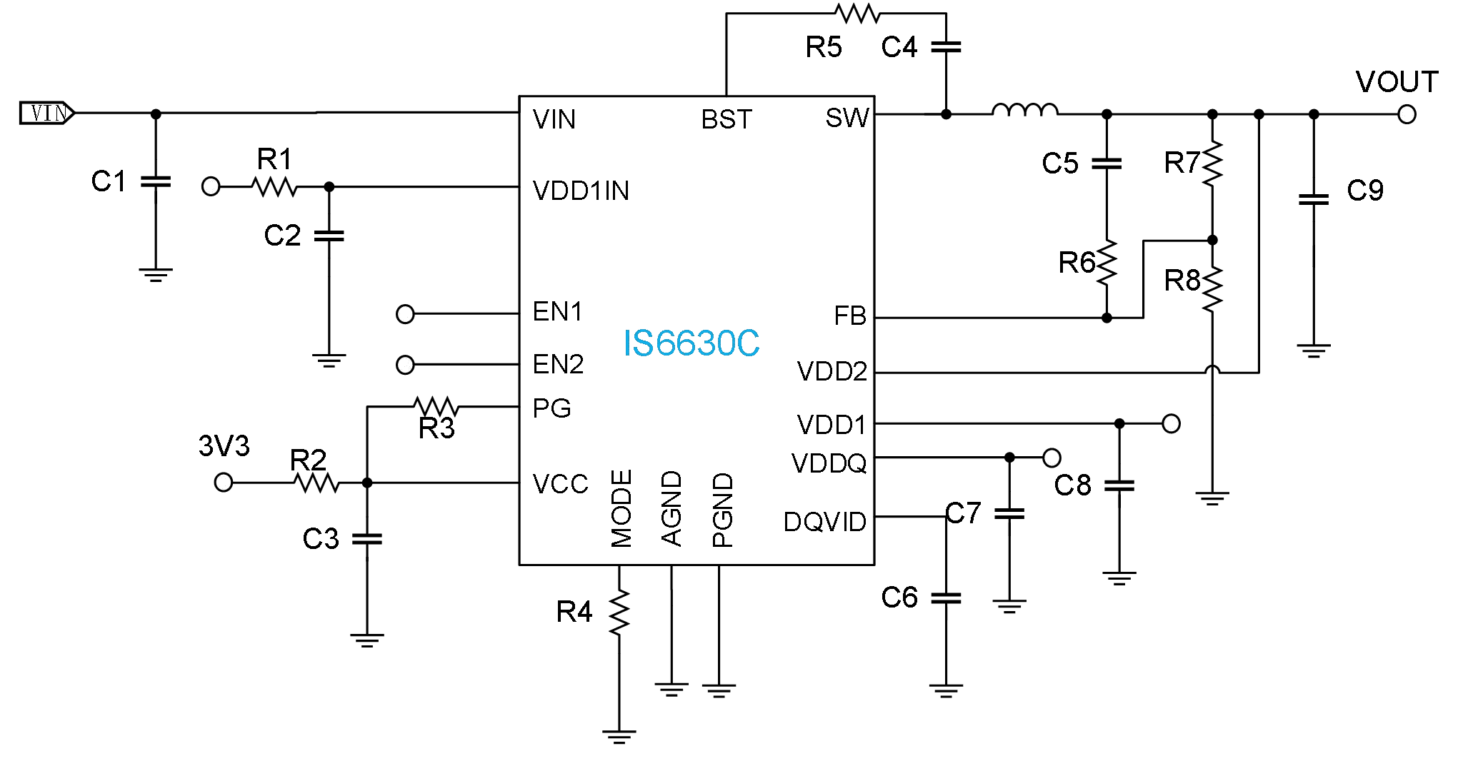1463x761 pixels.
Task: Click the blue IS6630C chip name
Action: click(691, 343)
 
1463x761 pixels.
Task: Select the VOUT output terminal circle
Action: click(1407, 114)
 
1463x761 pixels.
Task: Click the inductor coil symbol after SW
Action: click(1024, 110)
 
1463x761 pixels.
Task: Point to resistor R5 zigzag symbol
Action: click(857, 13)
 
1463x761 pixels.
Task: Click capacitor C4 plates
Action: click(946, 47)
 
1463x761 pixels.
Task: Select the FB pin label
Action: click(849, 316)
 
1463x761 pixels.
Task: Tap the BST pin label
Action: click(726, 119)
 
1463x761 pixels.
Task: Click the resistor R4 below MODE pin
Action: click(619, 612)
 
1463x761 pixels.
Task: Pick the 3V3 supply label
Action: click(224, 446)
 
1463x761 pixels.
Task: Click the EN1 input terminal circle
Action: click(405, 314)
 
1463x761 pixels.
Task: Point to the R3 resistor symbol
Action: click(436, 407)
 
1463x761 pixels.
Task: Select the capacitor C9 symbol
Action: click(1313, 199)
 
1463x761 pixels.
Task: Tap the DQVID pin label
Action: click(824, 522)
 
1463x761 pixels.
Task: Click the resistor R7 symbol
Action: click(1212, 163)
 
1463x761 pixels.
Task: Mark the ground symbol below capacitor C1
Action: click(156, 275)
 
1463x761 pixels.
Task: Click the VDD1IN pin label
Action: click(581, 191)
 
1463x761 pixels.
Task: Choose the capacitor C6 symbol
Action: click(946, 598)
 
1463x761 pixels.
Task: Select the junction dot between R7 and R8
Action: click(1212, 240)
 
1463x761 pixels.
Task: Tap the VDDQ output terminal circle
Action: click(1052, 457)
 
